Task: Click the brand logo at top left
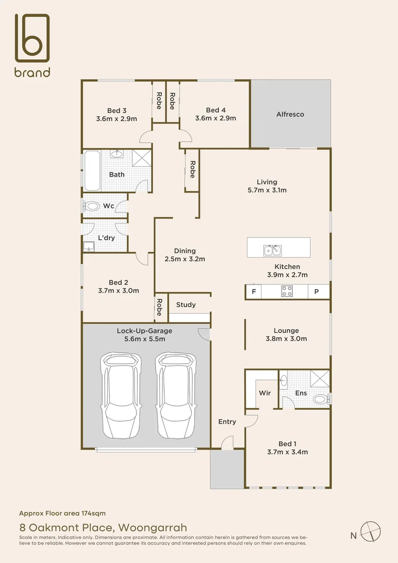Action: click(x=32, y=45)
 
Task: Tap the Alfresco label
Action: click(x=290, y=114)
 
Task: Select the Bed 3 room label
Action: click(x=117, y=110)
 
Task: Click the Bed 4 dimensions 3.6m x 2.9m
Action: click(x=215, y=118)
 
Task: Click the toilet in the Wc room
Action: click(x=93, y=206)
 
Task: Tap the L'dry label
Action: click(x=106, y=238)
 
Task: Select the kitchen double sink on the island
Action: click(x=271, y=251)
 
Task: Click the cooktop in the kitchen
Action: click(x=287, y=291)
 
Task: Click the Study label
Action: click(x=185, y=304)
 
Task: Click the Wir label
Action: click(x=265, y=393)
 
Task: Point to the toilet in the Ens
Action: click(x=320, y=399)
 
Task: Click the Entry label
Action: click(x=227, y=422)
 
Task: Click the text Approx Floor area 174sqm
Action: click(x=62, y=513)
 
